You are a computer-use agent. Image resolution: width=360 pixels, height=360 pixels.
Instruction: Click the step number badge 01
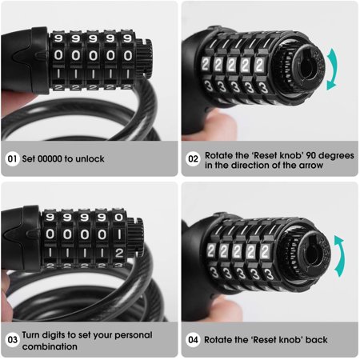click(12, 159)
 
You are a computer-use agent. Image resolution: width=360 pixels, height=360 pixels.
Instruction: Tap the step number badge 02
click(193, 159)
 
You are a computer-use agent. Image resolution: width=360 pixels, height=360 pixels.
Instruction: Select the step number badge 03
click(12, 340)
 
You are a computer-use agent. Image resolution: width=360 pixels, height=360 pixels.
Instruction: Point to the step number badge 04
click(193, 340)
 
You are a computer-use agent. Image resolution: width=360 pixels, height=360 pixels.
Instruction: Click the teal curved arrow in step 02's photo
click(334, 69)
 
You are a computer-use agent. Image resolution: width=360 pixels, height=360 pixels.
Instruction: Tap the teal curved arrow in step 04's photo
click(341, 256)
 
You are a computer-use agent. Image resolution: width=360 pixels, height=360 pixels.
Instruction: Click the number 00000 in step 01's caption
click(50, 159)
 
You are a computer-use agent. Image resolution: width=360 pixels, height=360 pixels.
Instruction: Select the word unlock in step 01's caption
click(90, 159)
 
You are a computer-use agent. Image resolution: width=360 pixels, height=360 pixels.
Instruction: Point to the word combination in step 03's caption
click(50, 346)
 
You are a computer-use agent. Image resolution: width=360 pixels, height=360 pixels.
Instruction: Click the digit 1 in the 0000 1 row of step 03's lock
click(119, 234)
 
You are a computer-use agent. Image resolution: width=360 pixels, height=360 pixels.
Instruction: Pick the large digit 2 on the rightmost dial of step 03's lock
click(119, 253)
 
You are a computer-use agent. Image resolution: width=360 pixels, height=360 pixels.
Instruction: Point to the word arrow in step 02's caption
click(311, 166)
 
